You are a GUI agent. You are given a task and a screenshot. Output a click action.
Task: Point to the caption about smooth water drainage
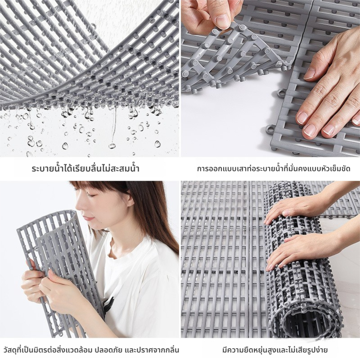pos(85,169)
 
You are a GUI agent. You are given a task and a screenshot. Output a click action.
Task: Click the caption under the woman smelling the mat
pos(90,350)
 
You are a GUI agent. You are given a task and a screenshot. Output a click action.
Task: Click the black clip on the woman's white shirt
pos(108,303)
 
